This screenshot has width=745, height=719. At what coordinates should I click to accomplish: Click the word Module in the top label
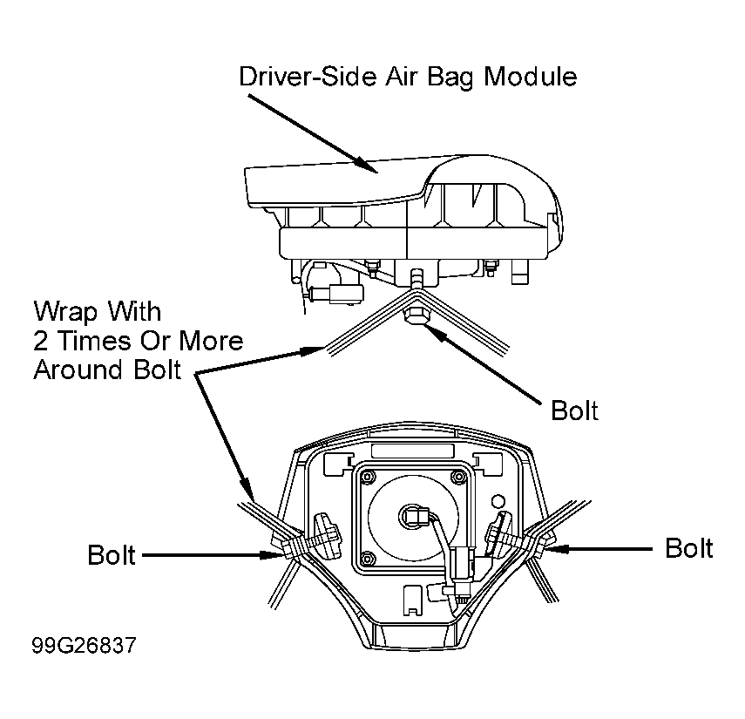pos(531,77)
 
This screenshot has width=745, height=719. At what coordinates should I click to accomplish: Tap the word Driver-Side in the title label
pos(308,77)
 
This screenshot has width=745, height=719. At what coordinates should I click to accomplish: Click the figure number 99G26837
pos(84,645)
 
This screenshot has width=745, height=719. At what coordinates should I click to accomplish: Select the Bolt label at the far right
pos(689,548)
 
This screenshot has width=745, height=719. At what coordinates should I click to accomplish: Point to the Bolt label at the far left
pos(112,554)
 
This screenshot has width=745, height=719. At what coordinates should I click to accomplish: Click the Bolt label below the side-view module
pos(574,410)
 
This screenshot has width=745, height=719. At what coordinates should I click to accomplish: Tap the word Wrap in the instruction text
pos(65,313)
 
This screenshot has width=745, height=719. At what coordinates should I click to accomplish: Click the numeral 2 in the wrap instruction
pos(40,341)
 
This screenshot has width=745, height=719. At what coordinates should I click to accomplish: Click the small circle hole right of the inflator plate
pos(498,501)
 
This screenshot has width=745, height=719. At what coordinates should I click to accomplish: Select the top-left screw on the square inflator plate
pos(368,476)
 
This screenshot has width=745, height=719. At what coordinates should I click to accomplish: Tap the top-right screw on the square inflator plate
pos(459,476)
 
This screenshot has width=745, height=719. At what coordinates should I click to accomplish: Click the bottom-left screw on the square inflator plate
pos(368,558)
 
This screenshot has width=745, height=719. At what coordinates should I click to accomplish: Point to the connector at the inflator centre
pos(414,516)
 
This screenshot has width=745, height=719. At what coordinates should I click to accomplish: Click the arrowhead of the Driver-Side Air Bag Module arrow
pos(369,166)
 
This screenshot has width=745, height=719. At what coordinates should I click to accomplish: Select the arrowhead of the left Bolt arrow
pos(273,554)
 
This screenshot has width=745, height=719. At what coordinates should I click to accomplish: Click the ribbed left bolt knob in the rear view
pos(325,536)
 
